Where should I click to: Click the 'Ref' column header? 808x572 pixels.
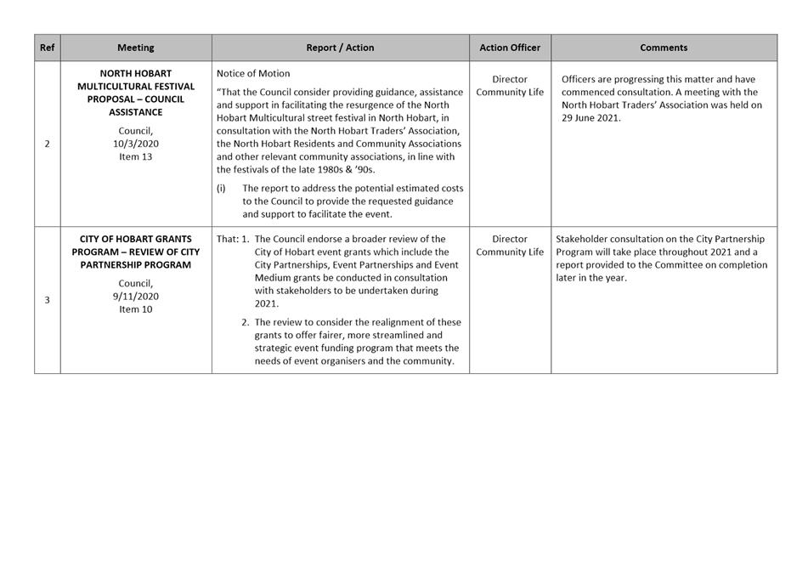pyautogui.click(x=47, y=48)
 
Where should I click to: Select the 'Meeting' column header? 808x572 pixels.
pyautogui.click(x=136, y=48)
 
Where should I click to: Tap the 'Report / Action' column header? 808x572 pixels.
pyautogui.click(x=340, y=48)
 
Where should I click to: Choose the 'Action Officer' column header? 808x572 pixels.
pyautogui.click(x=510, y=48)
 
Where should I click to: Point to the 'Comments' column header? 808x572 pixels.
pyautogui.click(x=664, y=48)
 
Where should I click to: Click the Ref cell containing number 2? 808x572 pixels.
pyautogui.click(x=47, y=144)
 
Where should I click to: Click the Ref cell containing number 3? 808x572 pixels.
pyautogui.click(x=47, y=300)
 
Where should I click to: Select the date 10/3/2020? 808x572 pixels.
pyautogui.click(x=136, y=144)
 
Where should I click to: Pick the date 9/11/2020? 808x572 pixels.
pyautogui.click(x=136, y=297)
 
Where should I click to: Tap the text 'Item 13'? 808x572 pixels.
pyautogui.click(x=136, y=156)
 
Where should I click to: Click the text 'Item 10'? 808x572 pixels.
pyautogui.click(x=136, y=309)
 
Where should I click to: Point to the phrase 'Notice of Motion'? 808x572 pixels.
pyautogui.click(x=253, y=74)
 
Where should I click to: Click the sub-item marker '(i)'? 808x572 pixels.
pyautogui.click(x=221, y=188)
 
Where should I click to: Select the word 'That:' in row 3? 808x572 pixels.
pyautogui.click(x=228, y=240)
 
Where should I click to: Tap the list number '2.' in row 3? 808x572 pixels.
pyautogui.click(x=246, y=323)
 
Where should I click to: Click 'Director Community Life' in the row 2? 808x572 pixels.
pyautogui.click(x=510, y=86)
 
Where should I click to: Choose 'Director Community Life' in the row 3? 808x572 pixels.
pyautogui.click(x=510, y=246)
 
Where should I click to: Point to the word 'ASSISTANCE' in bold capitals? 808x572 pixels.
pyautogui.click(x=136, y=112)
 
